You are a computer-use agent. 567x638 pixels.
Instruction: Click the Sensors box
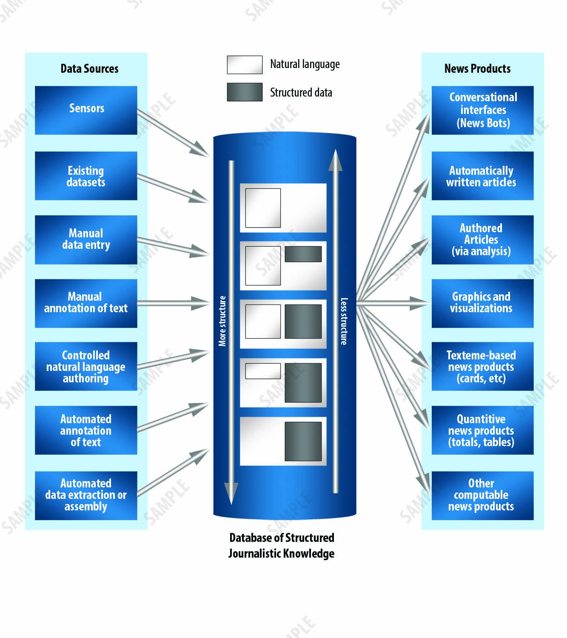(86, 110)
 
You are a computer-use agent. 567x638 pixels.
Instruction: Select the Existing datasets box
(86, 176)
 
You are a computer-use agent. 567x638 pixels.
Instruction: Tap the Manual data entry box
(86, 239)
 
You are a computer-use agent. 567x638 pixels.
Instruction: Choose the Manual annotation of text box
(86, 303)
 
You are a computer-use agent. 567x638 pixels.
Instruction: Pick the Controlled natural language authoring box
(86, 366)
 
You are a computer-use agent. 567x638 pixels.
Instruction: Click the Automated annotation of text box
(86, 430)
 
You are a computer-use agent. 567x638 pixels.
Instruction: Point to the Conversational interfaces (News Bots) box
(482, 110)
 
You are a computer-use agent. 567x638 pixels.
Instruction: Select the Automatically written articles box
(482, 176)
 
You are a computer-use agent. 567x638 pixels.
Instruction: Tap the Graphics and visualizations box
(482, 303)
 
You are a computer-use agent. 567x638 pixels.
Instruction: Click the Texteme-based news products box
(482, 366)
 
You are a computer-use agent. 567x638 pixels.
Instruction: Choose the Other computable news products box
(482, 495)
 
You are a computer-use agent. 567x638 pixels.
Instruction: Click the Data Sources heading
(89, 68)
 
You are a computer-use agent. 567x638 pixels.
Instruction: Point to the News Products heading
(477, 68)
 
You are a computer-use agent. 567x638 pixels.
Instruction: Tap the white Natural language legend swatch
(245, 65)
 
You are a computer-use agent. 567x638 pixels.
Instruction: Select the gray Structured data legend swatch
(245, 92)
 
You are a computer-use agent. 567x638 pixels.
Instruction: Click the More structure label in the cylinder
(222, 321)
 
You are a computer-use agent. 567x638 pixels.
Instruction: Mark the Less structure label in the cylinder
(344, 321)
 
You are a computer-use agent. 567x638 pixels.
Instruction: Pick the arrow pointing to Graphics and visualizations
(393, 303)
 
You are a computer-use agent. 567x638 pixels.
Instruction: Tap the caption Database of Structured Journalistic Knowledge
(281, 545)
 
